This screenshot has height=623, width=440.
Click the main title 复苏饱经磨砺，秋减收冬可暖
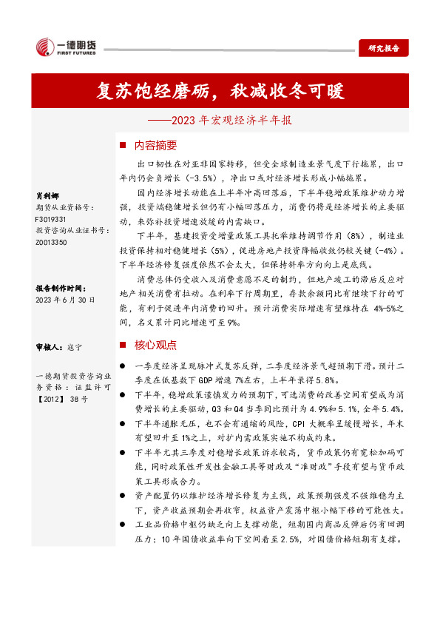click(x=220, y=91)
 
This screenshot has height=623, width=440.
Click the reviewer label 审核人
click(x=48, y=346)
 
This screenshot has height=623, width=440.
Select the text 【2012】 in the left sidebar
click(x=51, y=420)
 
